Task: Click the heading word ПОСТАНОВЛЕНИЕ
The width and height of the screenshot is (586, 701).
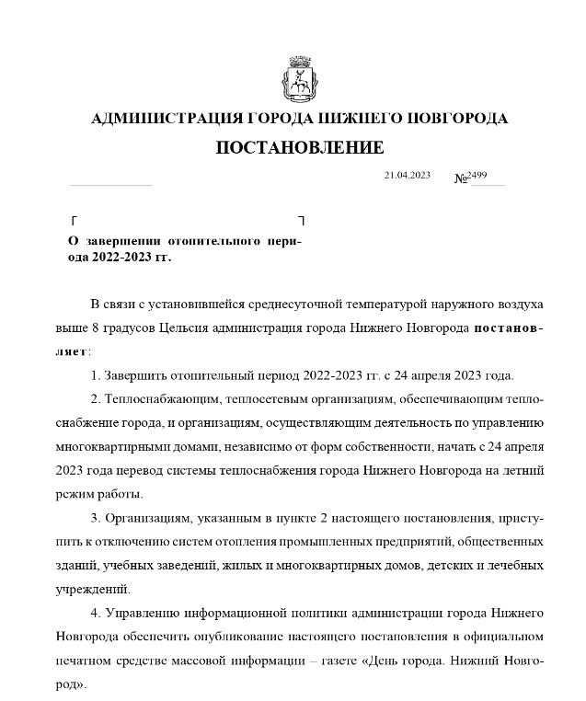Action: point(300,147)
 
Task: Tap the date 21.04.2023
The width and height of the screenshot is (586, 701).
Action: point(407,175)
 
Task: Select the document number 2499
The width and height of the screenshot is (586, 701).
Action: point(477,175)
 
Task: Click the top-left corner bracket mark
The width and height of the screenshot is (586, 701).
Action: point(74,221)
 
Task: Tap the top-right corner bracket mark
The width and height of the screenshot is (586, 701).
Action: point(301,221)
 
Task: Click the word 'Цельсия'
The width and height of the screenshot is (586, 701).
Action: point(255,328)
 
